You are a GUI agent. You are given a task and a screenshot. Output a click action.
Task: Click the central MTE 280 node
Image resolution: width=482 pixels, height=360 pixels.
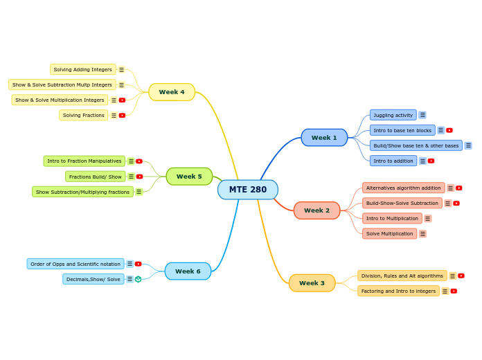(247, 190)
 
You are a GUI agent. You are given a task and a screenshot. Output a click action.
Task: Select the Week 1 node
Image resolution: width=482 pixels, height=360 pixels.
(324, 138)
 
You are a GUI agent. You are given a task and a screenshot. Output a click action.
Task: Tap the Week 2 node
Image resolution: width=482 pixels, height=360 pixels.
(316, 210)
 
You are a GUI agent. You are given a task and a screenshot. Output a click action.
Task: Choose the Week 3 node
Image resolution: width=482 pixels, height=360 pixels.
(312, 283)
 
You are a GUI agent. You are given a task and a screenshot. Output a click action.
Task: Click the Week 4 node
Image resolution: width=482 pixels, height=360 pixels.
(172, 92)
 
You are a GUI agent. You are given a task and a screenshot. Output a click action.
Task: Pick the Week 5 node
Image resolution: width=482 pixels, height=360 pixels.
(189, 177)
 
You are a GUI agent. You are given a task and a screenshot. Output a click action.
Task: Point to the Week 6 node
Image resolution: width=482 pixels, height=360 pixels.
(188, 271)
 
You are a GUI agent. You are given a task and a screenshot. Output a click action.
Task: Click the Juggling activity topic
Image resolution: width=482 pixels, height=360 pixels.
(393, 115)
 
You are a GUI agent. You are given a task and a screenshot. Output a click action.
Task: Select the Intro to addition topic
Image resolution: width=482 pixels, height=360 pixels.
(393, 161)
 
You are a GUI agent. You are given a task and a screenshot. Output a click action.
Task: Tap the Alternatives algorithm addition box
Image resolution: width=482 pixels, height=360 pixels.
(403, 188)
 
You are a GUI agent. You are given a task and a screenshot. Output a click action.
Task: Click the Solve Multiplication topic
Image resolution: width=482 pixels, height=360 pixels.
(389, 234)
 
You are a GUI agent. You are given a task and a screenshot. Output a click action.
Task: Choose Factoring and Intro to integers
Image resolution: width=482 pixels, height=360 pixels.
(398, 291)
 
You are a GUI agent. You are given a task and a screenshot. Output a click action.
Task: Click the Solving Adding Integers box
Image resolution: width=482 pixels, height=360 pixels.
(82, 69)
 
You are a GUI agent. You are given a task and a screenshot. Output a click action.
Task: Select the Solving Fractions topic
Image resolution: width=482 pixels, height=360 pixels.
(83, 115)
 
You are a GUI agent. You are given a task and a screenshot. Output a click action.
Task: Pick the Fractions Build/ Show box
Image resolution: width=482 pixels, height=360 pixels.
(95, 177)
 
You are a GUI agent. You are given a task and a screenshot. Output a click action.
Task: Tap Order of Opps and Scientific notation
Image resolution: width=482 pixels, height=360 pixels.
(75, 264)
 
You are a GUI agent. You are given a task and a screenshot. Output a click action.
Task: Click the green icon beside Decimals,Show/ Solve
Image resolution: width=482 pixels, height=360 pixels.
(139, 279)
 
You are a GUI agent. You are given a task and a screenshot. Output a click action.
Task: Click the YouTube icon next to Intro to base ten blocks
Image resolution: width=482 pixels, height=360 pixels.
(449, 130)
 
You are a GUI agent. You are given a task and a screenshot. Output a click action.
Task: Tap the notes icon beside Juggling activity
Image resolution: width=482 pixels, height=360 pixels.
(422, 115)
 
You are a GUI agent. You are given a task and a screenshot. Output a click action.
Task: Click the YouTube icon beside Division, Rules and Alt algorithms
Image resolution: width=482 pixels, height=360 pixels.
(461, 276)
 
